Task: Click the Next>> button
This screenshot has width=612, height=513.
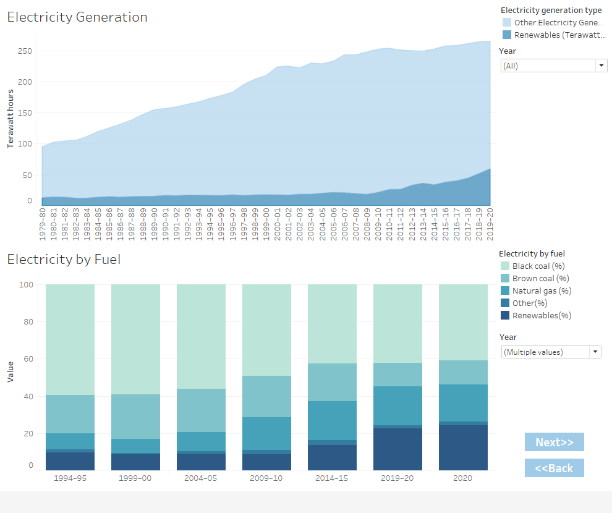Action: [x=554, y=442]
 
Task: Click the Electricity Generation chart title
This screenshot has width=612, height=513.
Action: [x=77, y=17]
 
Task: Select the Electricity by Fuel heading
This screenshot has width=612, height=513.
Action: [x=64, y=260]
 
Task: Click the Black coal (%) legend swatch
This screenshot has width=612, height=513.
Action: [x=504, y=266]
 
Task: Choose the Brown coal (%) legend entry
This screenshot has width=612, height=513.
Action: [x=541, y=278]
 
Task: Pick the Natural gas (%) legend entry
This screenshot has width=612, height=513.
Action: [x=542, y=290]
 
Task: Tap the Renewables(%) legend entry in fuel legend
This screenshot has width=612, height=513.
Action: [x=542, y=315]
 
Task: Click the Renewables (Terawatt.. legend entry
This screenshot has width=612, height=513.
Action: [x=559, y=35]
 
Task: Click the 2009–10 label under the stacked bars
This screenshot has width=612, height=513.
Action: [x=266, y=478]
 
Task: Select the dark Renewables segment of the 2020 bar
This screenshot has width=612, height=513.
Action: [x=463, y=447]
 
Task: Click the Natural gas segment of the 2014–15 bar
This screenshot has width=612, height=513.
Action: [x=332, y=420]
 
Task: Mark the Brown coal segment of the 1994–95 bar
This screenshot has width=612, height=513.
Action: [x=70, y=414]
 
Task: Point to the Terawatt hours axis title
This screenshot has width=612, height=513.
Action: [x=11, y=118]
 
